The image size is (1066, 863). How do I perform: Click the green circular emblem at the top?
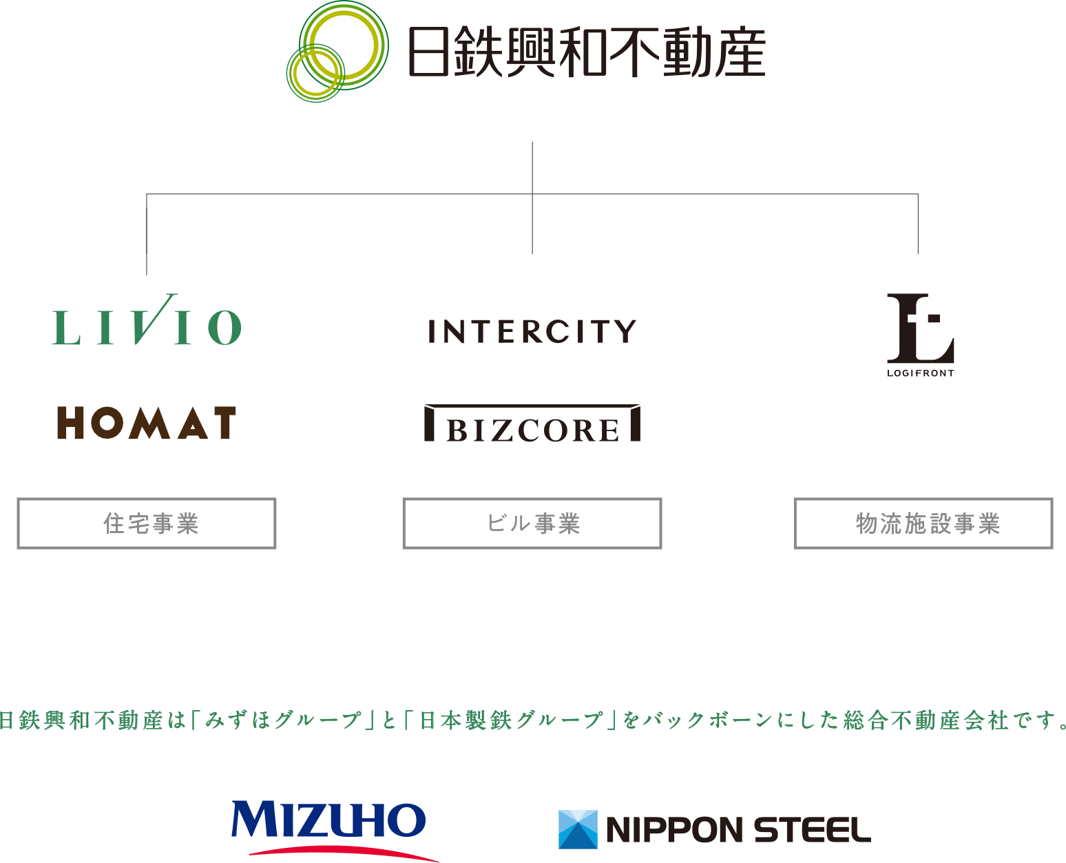coord(337,51)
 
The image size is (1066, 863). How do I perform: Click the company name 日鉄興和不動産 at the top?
coord(586,52)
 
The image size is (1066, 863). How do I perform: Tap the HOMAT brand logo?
coord(147,423)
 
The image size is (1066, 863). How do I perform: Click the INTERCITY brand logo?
coord(532,332)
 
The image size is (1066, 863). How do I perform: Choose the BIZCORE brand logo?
coord(532,424)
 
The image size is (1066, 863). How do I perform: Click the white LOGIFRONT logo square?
coord(920,335)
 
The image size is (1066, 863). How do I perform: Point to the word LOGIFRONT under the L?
coord(920,373)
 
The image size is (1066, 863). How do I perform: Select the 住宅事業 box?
coord(147,523)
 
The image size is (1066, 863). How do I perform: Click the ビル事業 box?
coord(532,523)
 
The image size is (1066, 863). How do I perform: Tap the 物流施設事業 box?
coord(923,523)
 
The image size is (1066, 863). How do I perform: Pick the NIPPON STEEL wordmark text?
coord(738,830)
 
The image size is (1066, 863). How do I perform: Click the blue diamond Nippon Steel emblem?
coord(578,829)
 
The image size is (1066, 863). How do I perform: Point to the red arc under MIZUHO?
coord(344,851)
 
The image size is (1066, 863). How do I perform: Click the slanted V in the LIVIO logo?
coord(151,318)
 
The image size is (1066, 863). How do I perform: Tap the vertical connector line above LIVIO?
coord(147,234)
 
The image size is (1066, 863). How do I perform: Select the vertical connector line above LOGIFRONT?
coord(918,225)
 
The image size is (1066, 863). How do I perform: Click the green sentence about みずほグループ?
coord(533,720)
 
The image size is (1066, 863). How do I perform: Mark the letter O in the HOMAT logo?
coord(107,423)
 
